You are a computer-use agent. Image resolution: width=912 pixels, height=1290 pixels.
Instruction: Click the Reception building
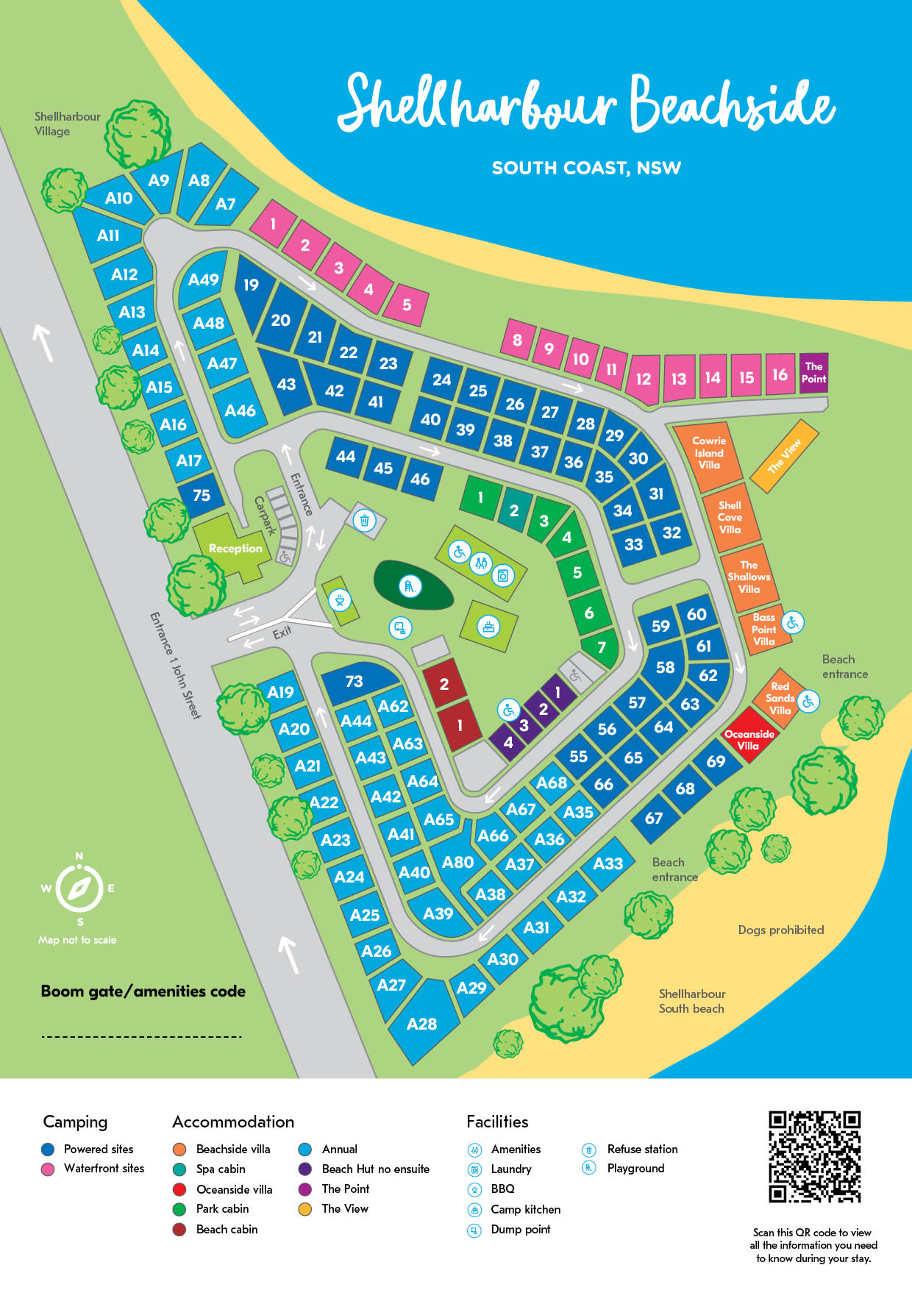coord(234,549)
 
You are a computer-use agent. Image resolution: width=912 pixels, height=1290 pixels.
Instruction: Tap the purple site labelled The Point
coord(813,373)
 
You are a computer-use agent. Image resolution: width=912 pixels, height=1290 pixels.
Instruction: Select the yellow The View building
coord(784,456)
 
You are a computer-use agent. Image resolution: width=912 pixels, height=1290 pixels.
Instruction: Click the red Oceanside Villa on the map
coord(749,735)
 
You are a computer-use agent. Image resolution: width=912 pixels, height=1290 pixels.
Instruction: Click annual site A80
coord(457,862)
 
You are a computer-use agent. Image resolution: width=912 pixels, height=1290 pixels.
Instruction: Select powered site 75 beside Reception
coord(202,496)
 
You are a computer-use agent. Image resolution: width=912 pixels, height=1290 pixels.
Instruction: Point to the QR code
coord(814,1157)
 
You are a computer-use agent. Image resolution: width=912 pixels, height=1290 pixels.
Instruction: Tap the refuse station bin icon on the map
coord(364,521)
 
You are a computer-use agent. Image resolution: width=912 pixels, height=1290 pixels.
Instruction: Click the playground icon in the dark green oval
coord(410,586)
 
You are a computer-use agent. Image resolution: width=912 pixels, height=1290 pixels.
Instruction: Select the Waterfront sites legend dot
coord(49,1169)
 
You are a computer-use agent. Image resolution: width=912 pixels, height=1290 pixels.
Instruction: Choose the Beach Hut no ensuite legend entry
coord(375,1169)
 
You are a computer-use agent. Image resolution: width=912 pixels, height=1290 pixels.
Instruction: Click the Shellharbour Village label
coord(67,124)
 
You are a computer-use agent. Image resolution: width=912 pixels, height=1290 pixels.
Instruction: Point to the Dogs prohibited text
coord(780,930)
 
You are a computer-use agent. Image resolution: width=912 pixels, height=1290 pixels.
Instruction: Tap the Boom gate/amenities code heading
coord(143,991)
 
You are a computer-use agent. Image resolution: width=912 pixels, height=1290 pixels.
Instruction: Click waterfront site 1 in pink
coord(273,224)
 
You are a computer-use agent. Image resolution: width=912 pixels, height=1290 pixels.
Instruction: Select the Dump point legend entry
coord(520,1229)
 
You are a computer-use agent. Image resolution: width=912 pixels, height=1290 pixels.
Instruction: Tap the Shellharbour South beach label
coord(691,1001)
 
